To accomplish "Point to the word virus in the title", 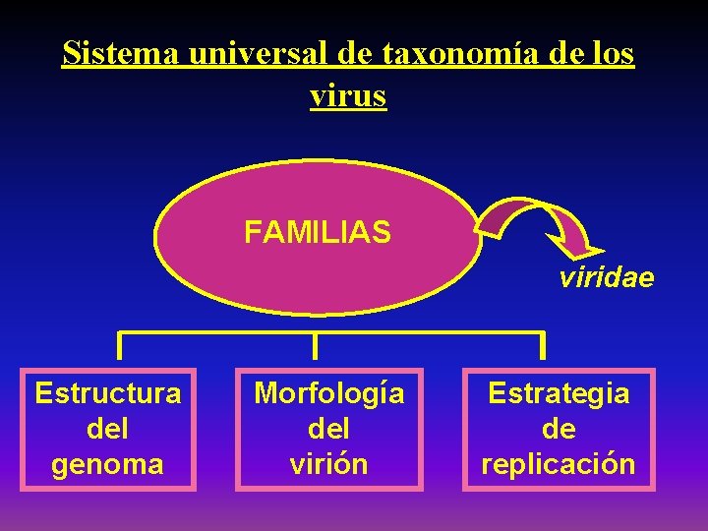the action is pyautogui.click(x=348, y=95).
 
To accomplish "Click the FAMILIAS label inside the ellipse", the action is pyautogui.click(x=318, y=233).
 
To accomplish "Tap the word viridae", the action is pyautogui.click(x=606, y=278).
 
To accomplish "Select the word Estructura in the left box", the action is pyautogui.click(x=108, y=393).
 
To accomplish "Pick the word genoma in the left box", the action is pyautogui.click(x=108, y=463).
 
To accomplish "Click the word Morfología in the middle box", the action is pyautogui.click(x=329, y=393).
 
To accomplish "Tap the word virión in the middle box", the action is pyautogui.click(x=329, y=463).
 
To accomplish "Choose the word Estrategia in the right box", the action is pyautogui.click(x=559, y=393).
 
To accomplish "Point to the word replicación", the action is pyautogui.click(x=559, y=463).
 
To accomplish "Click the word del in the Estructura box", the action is pyautogui.click(x=108, y=429).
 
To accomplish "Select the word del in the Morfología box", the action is pyautogui.click(x=329, y=429).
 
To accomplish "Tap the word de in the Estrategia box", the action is pyautogui.click(x=559, y=429).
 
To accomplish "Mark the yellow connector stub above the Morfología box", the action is pyautogui.click(x=315, y=344).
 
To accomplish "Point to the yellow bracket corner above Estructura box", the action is pyautogui.click(x=120, y=334).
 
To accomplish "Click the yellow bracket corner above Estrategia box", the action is pyautogui.click(x=541, y=334).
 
